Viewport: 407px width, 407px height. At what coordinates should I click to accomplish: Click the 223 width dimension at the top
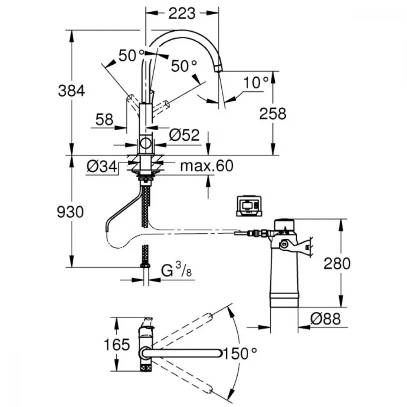point(182,13)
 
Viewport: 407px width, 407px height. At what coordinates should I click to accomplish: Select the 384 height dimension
point(71,91)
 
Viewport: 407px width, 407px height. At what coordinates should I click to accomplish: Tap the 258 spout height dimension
point(273,114)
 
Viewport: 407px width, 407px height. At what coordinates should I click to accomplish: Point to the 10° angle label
point(256,83)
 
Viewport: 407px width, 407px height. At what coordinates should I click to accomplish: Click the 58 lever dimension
point(104,120)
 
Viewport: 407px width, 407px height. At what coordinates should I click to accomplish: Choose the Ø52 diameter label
point(184,135)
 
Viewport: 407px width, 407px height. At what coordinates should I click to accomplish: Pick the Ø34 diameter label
point(102,166)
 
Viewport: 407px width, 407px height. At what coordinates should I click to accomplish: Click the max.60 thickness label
point(207,166)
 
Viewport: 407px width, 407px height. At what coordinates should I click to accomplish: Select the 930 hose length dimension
point(70,212)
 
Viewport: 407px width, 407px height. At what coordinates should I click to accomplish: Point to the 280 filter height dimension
point(337,263)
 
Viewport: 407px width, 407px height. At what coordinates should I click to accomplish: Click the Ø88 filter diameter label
point(326,319)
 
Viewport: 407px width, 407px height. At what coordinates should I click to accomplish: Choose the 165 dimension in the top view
point(116,345)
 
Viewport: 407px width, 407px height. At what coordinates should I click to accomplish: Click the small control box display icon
point(249,206)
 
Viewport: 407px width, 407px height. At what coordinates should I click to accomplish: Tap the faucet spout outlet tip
point(218,69)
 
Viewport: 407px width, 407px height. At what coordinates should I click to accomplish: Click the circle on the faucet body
point(145,143)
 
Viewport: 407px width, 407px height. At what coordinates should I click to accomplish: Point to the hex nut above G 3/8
point(145,265)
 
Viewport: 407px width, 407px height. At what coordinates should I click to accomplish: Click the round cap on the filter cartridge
point(284,225)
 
